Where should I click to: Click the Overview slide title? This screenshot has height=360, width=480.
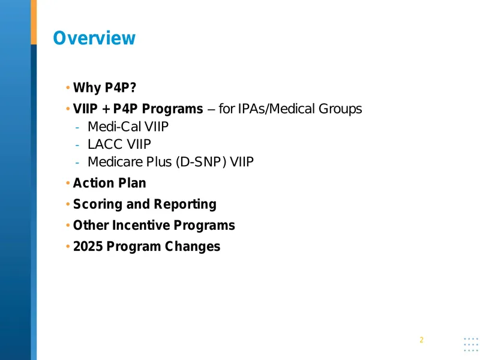(94, 38)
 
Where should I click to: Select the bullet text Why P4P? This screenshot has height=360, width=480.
(104, 88)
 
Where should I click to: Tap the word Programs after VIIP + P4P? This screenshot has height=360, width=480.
(172, 109)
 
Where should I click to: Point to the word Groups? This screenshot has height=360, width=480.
(340, 109)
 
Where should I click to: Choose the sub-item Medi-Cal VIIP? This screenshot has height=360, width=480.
(128, 127)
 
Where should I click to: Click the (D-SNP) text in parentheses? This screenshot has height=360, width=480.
(201, 162)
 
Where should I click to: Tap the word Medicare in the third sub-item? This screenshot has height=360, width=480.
(115, 162)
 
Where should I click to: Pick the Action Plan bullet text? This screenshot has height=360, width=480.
(110, 183)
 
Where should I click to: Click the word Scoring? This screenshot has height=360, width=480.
(98, 205)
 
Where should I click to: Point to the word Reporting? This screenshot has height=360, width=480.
(185, 205)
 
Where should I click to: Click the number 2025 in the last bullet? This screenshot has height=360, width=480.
(88, 247)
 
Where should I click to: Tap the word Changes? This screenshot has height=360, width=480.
(193, 247)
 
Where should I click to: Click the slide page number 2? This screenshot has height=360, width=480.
(422, 340)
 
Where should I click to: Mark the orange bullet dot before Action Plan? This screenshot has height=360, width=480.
(68, 183)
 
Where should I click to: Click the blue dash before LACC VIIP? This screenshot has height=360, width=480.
(77, 145)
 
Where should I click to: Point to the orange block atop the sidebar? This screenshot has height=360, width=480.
(34, 22)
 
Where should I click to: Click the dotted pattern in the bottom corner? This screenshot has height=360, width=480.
(471, 344)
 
